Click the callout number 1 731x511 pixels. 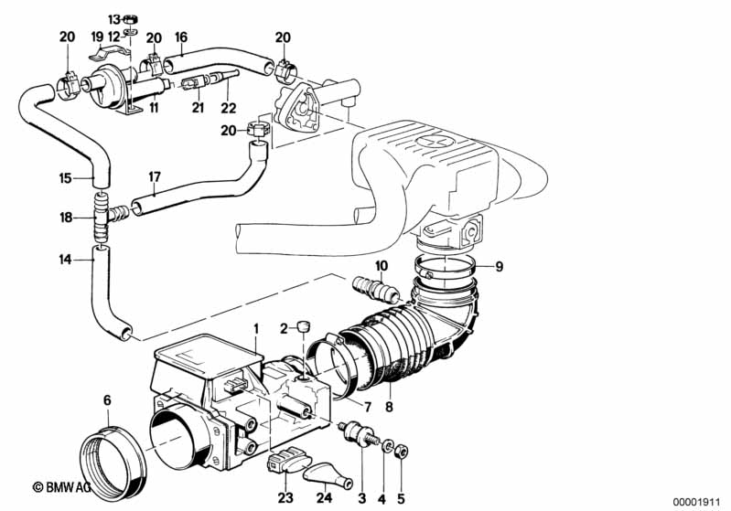(x=257, y=328)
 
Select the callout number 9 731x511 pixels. (x=499, y=267)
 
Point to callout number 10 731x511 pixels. (x=382, y=264)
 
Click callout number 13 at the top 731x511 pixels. (x=113, y=18)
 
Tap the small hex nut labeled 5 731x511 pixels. (x=406, y=450)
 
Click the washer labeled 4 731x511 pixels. (x=389, y=447)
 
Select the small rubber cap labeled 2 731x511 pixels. (x=306, y=325)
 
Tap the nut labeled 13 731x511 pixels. (x=131, y=18)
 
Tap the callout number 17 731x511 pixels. (x=155, y=176)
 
